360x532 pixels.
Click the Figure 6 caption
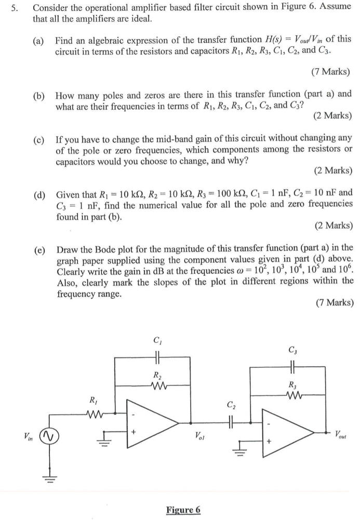(183, 510)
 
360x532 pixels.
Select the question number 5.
(20, 8)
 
